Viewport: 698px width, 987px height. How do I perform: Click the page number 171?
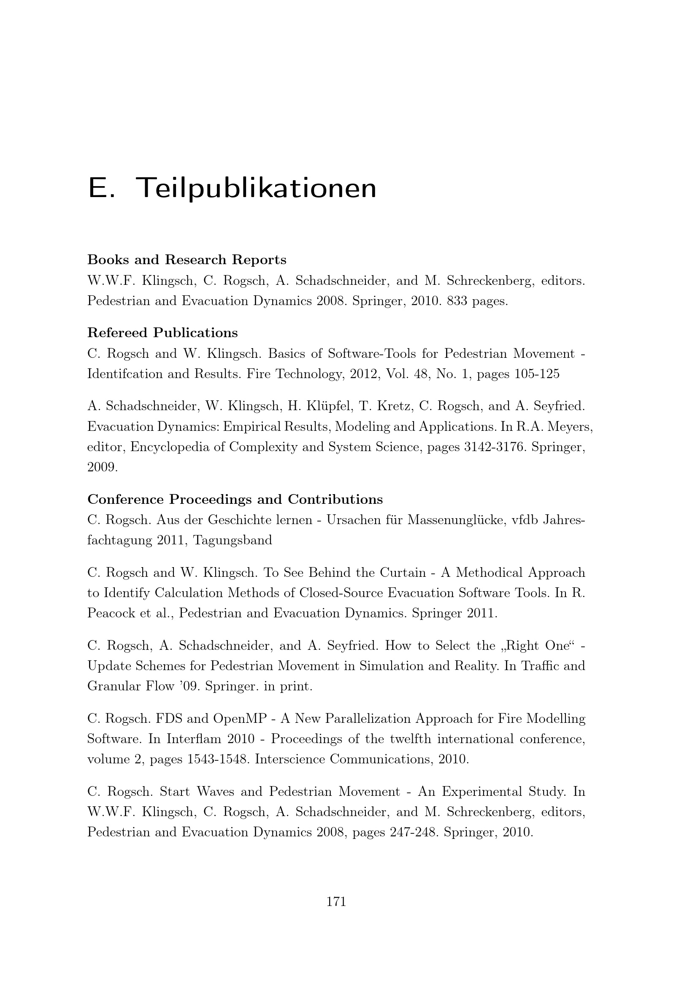click(336, 901)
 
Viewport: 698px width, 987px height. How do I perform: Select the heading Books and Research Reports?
click(187, 260)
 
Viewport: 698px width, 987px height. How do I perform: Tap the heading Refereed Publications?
click(162, 333)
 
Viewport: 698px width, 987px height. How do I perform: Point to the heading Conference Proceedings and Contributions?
click(235, 500)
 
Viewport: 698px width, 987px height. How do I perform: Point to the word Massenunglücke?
click(455, 520)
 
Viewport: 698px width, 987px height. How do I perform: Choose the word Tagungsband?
click(233, 541)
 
